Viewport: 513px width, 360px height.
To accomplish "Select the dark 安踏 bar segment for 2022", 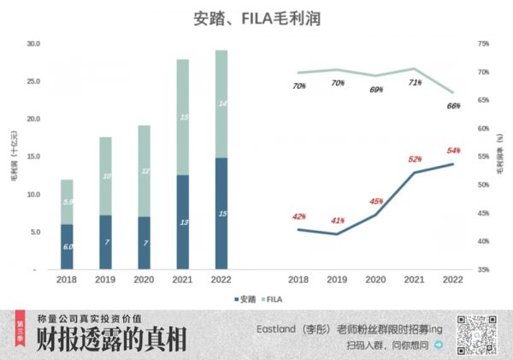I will click(x=221, y=213).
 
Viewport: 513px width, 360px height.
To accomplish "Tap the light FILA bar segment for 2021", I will click(x=182, y=117).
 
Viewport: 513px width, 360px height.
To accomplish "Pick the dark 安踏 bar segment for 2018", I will click(x=67, y=246).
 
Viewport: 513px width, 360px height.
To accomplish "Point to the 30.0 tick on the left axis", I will click(x=32, y=44).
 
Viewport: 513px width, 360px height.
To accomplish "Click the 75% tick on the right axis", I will click(x=482, y=44).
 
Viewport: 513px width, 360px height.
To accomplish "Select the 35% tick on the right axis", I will click(x=482, y=269).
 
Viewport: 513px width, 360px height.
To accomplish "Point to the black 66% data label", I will click(x=453, y=106).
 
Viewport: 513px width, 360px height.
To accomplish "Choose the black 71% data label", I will click(x=415, y=83).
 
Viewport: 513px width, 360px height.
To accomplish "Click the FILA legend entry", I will click(x=273, y=299).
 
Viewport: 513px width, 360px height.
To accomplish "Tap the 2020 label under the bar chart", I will click(x=144, y=279).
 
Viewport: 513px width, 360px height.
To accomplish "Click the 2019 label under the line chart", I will click(x=337, y=279).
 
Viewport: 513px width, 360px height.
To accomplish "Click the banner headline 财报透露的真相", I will click(x=112, y=339).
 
